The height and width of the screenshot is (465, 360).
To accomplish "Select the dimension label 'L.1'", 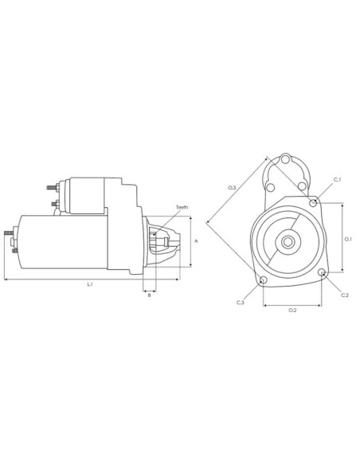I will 90,284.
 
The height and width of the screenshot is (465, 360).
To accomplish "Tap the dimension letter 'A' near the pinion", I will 196,240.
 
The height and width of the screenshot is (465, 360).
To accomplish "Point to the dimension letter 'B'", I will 149,295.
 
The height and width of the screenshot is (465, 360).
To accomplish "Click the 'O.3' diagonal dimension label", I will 231,188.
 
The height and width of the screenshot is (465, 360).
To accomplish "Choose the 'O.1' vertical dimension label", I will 347,238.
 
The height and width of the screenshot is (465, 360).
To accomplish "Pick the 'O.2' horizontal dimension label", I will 292,309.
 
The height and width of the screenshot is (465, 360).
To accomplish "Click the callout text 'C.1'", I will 337,179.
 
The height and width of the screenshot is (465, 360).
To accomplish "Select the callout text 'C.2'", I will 344,295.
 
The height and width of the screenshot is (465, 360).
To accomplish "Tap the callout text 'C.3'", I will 240,303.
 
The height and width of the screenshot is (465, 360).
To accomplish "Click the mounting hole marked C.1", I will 315,203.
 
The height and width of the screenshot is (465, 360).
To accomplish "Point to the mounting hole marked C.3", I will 263,279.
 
